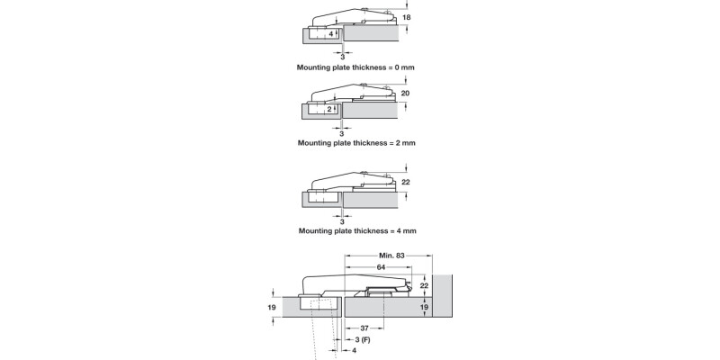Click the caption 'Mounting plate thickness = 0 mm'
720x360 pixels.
click(356, 67)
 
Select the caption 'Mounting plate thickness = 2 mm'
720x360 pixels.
click(356, 143)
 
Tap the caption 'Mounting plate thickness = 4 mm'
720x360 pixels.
click(356, 231)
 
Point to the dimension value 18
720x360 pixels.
click(406, 18)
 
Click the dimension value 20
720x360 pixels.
click(405, 94)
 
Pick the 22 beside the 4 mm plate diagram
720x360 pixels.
click(405, 182)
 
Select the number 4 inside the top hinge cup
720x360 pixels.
click(331, 33)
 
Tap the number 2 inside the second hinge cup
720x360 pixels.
click(330, 109)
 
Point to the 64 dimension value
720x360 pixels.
click(382, 268)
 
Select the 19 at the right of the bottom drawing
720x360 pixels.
click(424, 307)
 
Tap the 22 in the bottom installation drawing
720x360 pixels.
click(424, 285)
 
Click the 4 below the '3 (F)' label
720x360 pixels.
click(354, 351)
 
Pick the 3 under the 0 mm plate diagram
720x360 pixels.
click(342, 57)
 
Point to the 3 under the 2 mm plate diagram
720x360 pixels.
click(342, 133)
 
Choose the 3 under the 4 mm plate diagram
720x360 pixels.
click(342, 221)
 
